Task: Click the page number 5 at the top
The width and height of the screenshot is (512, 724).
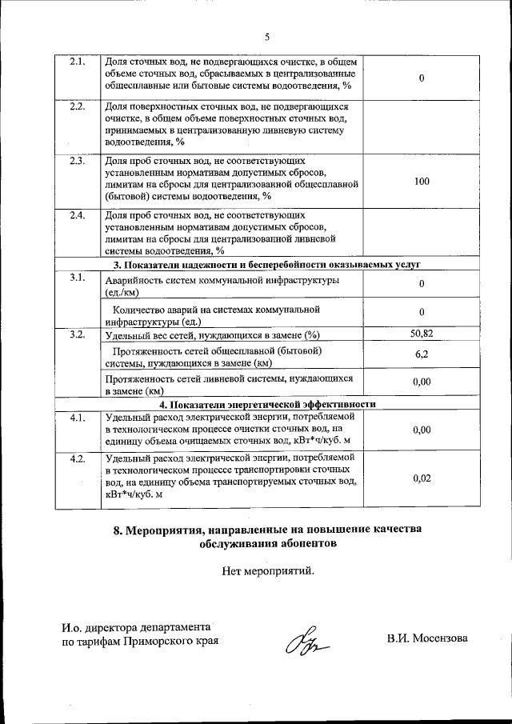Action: click(268, 35)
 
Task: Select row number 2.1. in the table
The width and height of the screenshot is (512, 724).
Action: click(78, 62)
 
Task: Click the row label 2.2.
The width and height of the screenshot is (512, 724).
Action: click(78, 107)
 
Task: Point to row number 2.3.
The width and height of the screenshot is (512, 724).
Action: click(78, 161)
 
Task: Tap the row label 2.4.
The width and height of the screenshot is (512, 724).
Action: click(78, 216)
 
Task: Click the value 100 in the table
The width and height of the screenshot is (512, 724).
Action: click(422, 182)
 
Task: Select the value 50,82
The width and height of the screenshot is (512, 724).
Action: click(421, 332)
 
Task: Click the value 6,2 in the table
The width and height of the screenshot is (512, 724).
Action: click(421, 354)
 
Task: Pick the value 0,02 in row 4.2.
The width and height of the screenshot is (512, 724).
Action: click(421, 478)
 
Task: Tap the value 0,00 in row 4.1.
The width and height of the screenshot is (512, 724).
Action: click(421, 430)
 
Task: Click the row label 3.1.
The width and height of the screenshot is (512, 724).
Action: click(78, 278)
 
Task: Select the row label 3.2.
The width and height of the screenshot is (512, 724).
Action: click(78, 334)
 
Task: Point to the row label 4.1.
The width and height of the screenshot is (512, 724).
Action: click(78, 418)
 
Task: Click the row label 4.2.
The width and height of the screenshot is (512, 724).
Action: click(78, 458)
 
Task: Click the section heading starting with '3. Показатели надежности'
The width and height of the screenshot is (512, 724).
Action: click(267, 264)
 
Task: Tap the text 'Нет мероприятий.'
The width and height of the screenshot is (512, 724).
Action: click(267, 570)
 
